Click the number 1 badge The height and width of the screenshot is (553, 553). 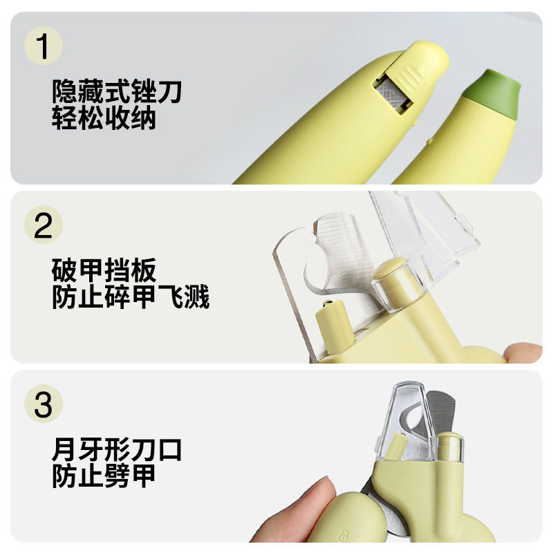[44, 46]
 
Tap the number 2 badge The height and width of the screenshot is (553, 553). [44, 225]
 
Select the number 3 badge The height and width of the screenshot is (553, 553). [44, 404]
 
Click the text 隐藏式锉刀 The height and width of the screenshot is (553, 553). [117, 91]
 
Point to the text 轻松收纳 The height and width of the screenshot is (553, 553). [104, 118]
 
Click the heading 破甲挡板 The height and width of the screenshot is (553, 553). [104, 270]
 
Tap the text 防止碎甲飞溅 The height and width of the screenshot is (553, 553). [131, 297]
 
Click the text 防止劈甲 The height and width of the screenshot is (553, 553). [104, 476]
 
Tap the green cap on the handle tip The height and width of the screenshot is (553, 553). [493, 93]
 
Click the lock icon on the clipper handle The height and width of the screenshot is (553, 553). [343, 534]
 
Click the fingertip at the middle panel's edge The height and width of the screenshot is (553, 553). [524, 353]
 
